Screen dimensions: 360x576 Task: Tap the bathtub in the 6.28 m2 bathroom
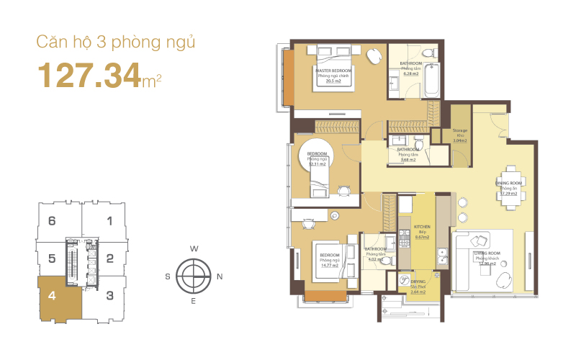click(431, 81)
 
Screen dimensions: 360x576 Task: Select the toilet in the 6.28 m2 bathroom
click(429, 53)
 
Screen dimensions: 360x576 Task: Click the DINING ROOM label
click(508, 184)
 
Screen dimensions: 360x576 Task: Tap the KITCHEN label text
click(421, 226)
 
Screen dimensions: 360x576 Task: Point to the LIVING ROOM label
click(487, 254)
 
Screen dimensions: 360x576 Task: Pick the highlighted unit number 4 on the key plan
click(52, 294)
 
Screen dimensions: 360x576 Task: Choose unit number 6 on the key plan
click(52, 221)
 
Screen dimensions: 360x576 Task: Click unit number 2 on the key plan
click(109, 258)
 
